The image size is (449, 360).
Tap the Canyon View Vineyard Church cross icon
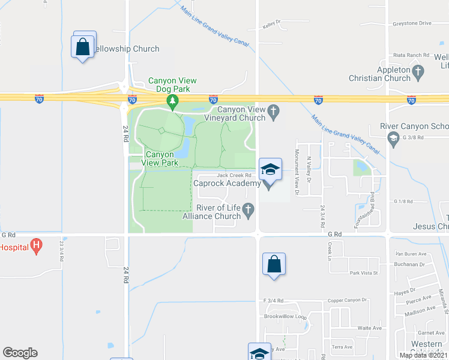pyautogui.click(x=274, y=110)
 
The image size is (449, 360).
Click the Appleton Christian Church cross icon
pyautogui.click(x=418, y=70)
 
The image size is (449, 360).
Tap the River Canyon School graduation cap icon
pyautogui.click(x=394, y=138)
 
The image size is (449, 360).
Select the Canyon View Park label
pyautogui.click(x=160, y=158)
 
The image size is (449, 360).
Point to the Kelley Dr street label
pyautogui.click(x=273, y=26)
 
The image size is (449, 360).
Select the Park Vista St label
pyautogui.click(x=364, y=273)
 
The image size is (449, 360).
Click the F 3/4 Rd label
pyautogui.click(x=273, y=300)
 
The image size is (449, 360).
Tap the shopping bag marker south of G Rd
pyautogui.click(x=274, y=264)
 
